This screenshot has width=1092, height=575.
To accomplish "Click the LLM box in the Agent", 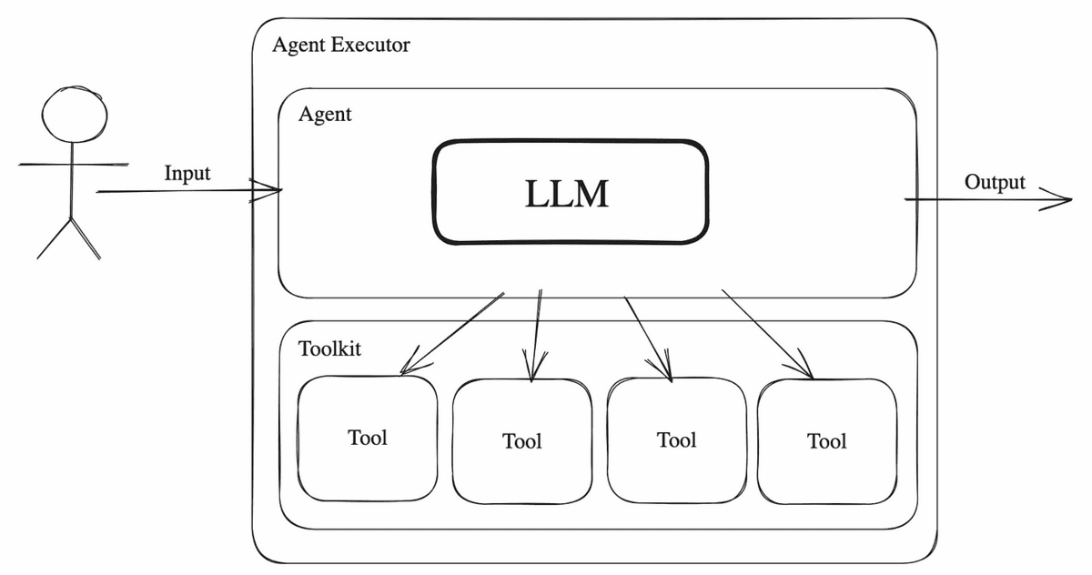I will point(570,192).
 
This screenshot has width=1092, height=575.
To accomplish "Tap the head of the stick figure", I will point(75,113).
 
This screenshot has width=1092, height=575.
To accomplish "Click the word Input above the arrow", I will point(187,173).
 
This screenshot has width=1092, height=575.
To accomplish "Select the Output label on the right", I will point(995,182).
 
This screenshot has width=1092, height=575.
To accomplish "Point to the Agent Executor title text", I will point(341,45).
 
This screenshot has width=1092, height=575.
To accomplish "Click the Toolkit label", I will point(329,348).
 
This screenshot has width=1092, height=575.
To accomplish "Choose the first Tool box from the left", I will point(368,438).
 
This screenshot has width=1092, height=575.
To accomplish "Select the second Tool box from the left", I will point(521,441).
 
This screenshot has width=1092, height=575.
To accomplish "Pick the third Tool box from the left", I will point(676,440).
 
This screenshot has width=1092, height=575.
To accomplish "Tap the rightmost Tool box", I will point(826,441).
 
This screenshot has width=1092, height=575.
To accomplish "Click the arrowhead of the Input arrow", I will point(273,190).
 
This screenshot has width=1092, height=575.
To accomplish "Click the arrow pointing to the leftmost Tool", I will point(452,333).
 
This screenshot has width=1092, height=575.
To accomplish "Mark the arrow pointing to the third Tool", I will point(648,337).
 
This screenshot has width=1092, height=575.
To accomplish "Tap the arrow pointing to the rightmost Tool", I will point(766,332).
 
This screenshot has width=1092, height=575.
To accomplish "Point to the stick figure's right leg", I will point(86,238).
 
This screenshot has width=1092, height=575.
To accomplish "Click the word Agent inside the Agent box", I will point(325,116).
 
